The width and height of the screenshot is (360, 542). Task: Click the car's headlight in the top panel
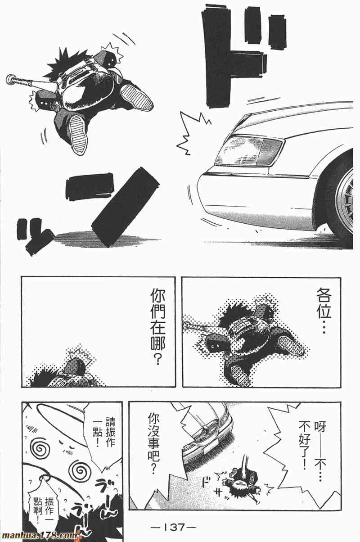tap(249, 150)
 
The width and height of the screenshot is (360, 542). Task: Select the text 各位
tap(324, 303)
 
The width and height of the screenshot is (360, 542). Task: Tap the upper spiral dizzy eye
tap(39, 447)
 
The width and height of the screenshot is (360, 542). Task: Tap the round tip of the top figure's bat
tap(10, 78)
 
